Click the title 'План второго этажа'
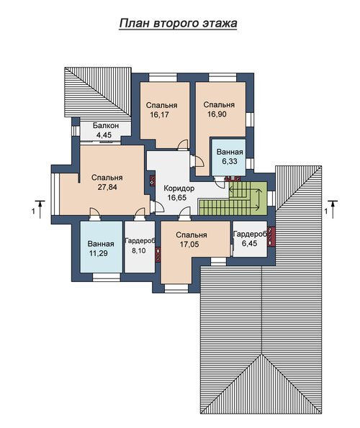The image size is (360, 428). tap(178, 23)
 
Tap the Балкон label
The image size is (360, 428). tap(106, 126)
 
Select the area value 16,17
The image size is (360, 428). tap(159, 114)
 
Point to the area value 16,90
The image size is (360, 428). tap(217, 114)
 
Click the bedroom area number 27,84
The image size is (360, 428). tap(107, 187)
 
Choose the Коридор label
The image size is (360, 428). tap(179, 188)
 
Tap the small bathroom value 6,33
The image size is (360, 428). tap(230, 161)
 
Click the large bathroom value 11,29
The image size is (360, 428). tap(99, 253)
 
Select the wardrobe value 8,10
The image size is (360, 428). tap(139, 250)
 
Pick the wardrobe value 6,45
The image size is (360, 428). tap(249, 243)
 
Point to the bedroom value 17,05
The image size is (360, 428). tap(189, 245)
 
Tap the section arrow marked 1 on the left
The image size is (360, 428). tap(40, 209)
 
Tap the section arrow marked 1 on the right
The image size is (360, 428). tap(333, 209)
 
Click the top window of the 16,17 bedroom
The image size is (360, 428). tap(163, 78)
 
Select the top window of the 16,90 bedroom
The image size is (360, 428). tap(222, 78)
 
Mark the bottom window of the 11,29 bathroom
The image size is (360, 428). tap(107, 277)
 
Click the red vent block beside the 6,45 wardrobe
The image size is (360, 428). tap(271, 237)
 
